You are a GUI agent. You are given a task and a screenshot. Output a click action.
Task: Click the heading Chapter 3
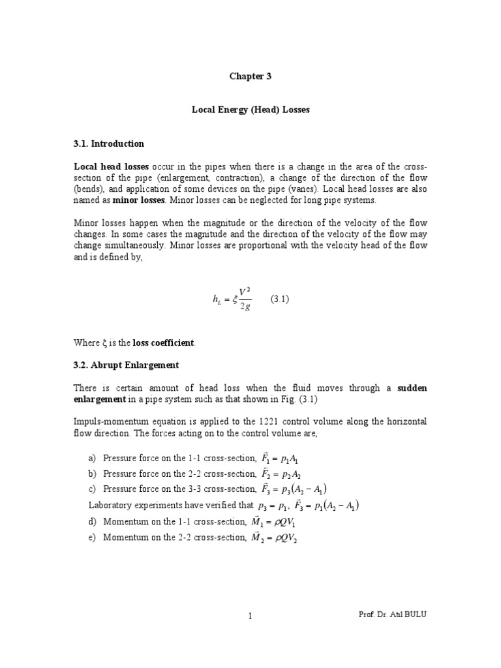tap(250, 76)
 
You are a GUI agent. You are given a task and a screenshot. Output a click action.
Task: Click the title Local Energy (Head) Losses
tap(250, 110)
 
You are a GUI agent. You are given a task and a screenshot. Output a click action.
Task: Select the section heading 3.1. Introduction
tap(109, 144)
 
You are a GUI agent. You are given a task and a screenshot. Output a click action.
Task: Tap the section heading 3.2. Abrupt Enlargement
tap(126, 365)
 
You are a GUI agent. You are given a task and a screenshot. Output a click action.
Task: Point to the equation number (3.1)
tap(279, 299)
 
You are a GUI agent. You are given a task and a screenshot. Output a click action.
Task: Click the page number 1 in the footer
tap(250, 616)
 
